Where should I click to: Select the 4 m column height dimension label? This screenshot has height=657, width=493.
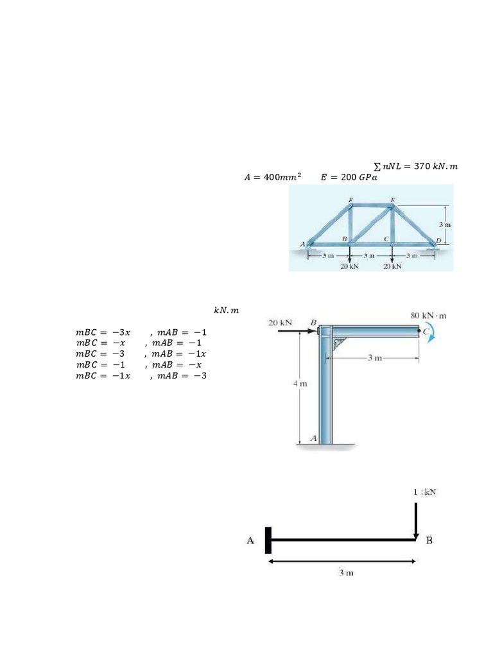click(x=300, y=384)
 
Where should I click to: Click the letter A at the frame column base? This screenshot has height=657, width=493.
click(x=314, y=438)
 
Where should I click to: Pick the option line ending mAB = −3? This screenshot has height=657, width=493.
click(x=141, y=375)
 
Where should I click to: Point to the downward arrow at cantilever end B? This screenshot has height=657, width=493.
click(x=416, y=520)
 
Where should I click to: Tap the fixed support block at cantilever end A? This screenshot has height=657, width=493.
click(x=268, y=540)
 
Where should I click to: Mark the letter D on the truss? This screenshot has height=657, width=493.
click(x=438, y=241)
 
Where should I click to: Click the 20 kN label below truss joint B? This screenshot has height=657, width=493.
click(x=349, y=266)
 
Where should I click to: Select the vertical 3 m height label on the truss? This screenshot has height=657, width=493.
click(x=444, y=225)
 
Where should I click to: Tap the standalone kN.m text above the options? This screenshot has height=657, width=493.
click(x=226, y=311)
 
